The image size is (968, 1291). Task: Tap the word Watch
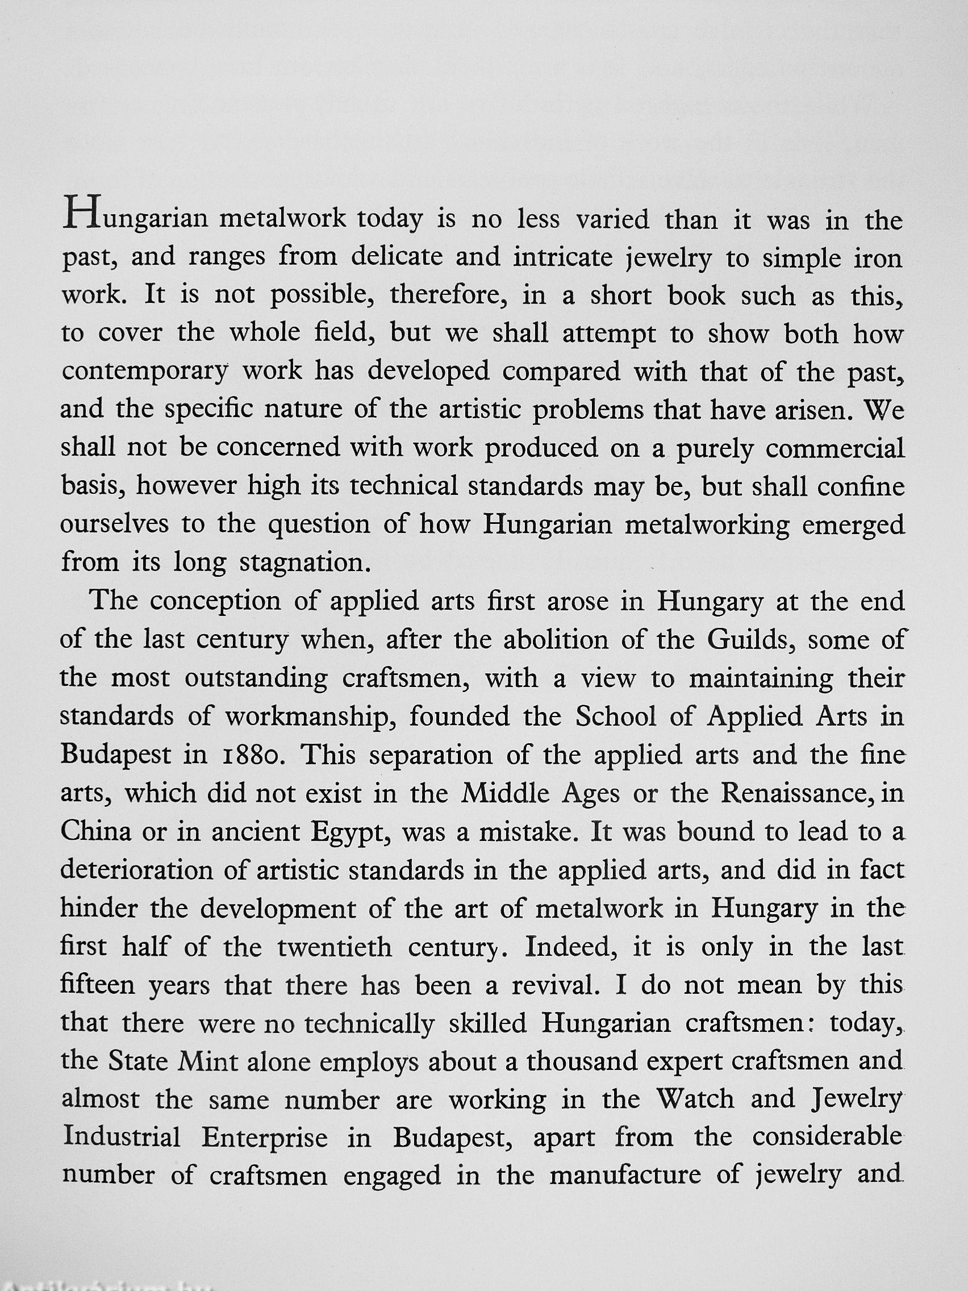pyautogui.click(x=694, y=1100)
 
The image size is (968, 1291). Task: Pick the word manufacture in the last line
pyautogui.click(x=625, y=1176)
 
